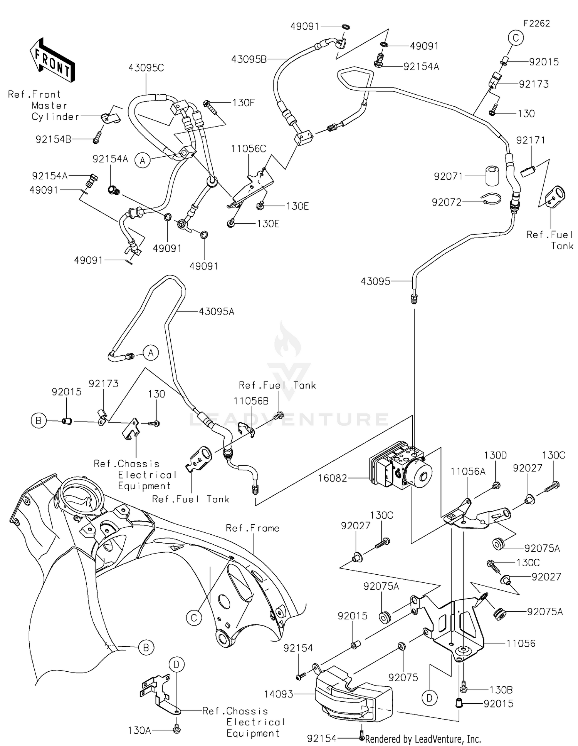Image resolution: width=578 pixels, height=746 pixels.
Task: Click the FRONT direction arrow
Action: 52,60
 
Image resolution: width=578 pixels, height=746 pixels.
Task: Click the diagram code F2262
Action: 536,23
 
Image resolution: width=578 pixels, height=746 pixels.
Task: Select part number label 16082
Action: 333,478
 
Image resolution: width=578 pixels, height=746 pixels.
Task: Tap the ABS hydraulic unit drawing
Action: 401,467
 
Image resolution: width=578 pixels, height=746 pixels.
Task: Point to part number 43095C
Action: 146,68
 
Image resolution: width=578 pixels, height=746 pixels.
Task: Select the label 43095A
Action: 217,311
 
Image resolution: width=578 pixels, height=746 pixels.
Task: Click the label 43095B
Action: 249,59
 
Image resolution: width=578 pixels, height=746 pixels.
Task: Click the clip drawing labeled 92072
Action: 491,199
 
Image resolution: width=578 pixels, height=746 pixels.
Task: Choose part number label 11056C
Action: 249,149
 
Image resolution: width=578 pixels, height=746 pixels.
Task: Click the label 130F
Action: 243,103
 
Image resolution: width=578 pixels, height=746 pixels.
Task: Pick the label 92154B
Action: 53,139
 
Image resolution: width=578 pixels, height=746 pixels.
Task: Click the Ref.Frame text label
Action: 252,528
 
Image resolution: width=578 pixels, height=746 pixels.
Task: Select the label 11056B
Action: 251,401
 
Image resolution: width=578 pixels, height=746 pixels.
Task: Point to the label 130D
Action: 495,455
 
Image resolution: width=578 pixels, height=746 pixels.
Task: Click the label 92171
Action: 531,140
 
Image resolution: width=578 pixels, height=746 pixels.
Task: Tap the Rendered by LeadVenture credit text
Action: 423,739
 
